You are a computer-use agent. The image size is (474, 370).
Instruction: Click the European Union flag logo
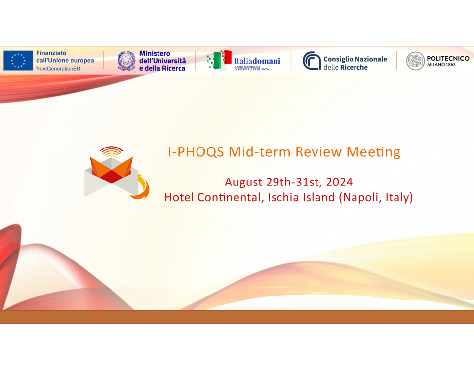click(x=18, y=60)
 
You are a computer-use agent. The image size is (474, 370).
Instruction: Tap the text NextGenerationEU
click(x=58, y=69)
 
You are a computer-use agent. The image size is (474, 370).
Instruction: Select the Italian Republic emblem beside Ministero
click(x=126, y=61)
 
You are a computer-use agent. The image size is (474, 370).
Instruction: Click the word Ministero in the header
click(x=155, y=53)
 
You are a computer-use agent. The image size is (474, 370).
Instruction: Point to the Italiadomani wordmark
click(x=257, y=61)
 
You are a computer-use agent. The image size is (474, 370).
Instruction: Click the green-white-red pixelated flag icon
click(x=219, y=60)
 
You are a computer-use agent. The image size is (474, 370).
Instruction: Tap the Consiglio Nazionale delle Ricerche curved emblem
click(x=312, y=60)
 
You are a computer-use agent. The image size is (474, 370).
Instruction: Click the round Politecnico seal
click(x=415, y=61)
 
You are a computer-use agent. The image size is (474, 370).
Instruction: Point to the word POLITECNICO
click(x=448, y=58)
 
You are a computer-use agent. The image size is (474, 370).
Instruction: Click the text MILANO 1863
click(x=441, y=64)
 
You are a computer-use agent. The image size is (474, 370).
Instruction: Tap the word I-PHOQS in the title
click(x=196, y=152)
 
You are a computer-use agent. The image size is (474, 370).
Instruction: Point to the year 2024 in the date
click(x=339, y=182)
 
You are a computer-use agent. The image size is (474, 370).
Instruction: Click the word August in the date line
click(x=243, y=183)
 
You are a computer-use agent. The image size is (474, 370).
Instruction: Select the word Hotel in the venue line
click(x=179, y=197)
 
